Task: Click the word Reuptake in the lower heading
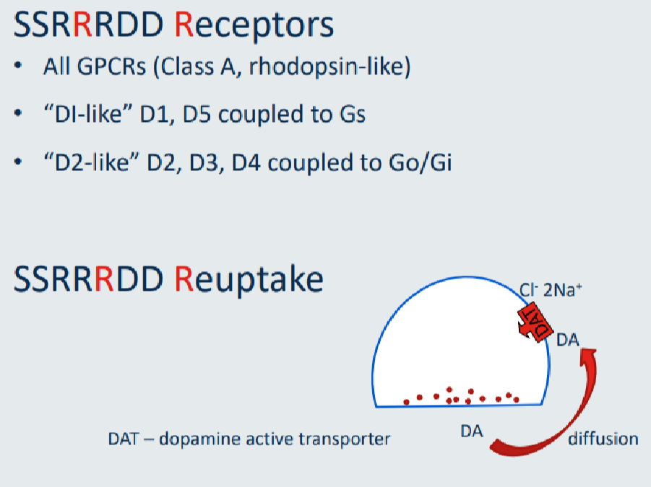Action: [x=249, y=281]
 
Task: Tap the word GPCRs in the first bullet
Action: [x=111, y=66]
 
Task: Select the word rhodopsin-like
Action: [x=329, y=66]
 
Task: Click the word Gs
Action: [x=353, y=114]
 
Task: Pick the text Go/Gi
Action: [x=420, y=162]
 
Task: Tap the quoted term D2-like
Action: [x=92, y=162]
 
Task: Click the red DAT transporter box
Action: [x=535, y=322]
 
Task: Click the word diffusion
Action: [x=603, y=439]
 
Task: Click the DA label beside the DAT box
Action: [x=568, y=340]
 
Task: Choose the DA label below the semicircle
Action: [x=472, y=431]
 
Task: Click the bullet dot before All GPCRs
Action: [x=18, y=66]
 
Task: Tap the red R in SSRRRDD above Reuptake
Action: [x=104, y=279]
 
